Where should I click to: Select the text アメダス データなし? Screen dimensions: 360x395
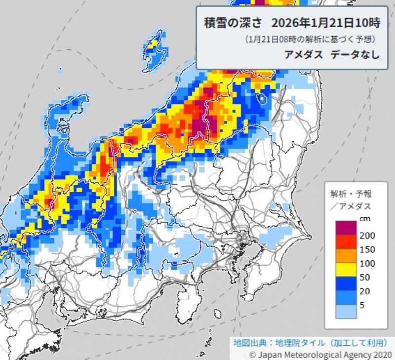(x=332, y=54)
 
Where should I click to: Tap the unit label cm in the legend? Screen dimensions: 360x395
(x=364, y=218)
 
